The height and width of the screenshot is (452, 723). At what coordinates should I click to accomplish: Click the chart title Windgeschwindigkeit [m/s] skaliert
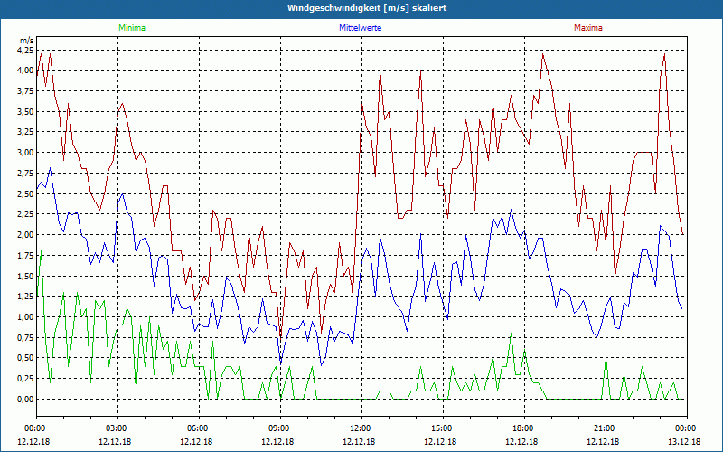coord(361,8)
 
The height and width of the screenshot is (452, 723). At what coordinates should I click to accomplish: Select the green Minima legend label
coord(131,28)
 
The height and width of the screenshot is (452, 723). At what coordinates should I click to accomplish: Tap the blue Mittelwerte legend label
coord(360,28)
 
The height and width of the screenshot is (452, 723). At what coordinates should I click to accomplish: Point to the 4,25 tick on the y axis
coord(24,51)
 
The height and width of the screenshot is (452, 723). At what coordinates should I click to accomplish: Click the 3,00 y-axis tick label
coord(24,153)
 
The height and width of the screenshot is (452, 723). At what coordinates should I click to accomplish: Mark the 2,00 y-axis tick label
coord(24,235)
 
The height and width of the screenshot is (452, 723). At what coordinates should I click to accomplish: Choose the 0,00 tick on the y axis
coord(24,400)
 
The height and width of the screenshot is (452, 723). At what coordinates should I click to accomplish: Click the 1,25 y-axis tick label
coord(24,297)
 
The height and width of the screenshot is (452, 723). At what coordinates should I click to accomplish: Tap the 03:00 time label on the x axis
coord(117,428)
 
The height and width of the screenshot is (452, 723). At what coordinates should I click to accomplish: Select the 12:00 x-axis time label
coord(360,428)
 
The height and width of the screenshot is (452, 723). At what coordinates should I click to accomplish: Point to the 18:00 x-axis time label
coord(522,428)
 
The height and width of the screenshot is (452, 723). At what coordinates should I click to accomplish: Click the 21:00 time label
coord(604,428)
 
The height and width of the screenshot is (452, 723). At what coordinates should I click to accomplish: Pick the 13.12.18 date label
coord(685,441)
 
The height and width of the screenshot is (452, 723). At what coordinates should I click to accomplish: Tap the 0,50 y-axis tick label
coord(24,358)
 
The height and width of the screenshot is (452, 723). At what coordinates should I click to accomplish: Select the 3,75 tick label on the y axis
coord(24,91)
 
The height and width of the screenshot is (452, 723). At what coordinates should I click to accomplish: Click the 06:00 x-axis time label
coord(198,428)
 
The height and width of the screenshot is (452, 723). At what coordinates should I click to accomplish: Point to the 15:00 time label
coord(441,428)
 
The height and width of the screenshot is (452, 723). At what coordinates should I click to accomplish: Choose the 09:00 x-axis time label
coord(279,428)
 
